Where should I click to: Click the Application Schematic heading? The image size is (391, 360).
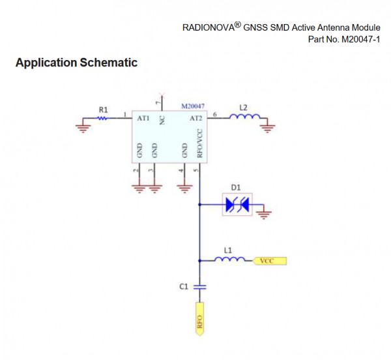tap(76, 63)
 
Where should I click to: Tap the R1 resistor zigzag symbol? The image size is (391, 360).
tap(103, 118)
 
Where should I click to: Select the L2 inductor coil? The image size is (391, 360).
tap(244, 116)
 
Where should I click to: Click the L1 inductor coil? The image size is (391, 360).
tap(229, 259)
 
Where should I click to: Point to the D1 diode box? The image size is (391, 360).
tap(237, 204)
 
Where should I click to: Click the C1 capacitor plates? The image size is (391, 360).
tap(200, 287)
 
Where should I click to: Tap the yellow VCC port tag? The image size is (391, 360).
tap(270, 261)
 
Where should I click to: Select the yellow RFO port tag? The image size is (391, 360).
tap(200, 319)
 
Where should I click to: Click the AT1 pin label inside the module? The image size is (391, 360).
tap(143, 118)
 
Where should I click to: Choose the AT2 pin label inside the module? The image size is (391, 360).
tap(195, 118)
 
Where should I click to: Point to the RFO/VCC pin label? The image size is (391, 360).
tap(199, 143)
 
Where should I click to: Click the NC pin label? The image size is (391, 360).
tap(162, 121)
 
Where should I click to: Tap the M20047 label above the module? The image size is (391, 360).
tap(193, 106)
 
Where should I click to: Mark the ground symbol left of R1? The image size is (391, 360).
tap(83, 128)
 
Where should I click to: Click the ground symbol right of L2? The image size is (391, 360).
tap(267, 128)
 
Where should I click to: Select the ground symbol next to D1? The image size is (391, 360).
tap(264, 215)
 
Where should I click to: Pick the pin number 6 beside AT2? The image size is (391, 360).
tap(214, 115)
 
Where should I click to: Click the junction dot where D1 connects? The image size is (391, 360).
tap(199, 205)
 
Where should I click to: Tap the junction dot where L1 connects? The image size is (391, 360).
tap(199, 261)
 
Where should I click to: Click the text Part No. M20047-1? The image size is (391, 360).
tap(344, 39)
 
